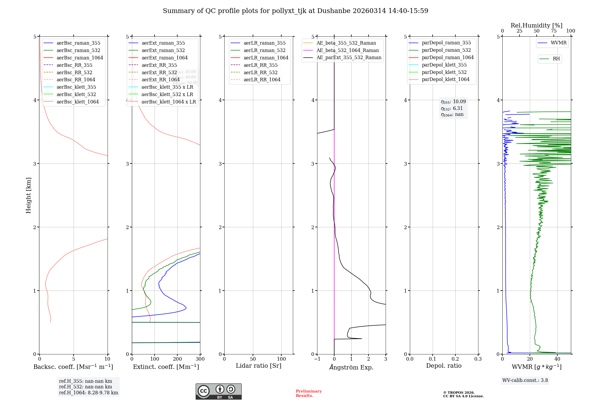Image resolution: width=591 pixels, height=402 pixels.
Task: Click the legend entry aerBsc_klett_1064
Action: point(77,102)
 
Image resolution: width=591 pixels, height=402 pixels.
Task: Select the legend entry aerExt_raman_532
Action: point(163,50)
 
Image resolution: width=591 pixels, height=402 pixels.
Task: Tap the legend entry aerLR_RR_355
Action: point(260,65)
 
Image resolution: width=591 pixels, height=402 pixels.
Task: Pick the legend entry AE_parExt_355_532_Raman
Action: point(349,57)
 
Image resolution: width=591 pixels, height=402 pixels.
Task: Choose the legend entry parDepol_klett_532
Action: point(444,72)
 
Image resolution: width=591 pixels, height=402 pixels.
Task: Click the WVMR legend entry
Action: point(558,43)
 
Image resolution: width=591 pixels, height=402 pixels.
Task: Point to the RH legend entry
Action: point(556,59)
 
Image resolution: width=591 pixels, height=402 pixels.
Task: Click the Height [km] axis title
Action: point(28,195)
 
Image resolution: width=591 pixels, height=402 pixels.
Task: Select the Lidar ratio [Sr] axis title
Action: point(259,366)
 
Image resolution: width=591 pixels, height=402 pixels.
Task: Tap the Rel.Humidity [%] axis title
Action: point(536,25)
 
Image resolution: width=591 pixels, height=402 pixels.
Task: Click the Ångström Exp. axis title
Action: point(351,367)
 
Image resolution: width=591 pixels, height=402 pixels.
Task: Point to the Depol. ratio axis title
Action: point(444,366)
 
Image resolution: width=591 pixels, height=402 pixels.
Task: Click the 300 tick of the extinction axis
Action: point(200,359)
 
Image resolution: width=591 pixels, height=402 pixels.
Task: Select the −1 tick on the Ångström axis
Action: point(317,359)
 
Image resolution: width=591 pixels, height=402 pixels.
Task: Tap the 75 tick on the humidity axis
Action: point(553,31)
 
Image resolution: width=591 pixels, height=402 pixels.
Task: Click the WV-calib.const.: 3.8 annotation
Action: point(525,380)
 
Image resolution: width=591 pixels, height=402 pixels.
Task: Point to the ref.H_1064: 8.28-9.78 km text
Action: point(88,393)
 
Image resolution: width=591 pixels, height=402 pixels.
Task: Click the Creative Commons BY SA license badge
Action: point(218,391)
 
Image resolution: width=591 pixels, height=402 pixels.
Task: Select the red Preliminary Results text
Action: point(309,393)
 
